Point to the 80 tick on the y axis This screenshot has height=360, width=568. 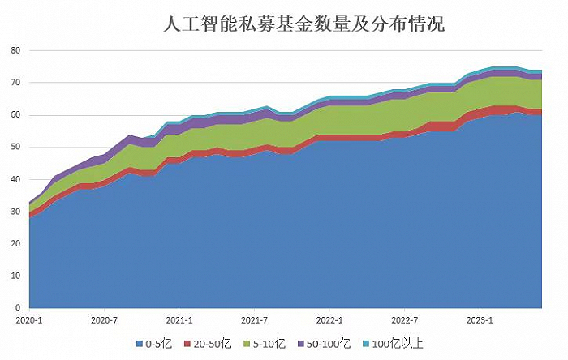(15, 50)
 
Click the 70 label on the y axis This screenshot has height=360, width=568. (15, 83)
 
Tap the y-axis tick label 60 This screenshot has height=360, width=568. (15, 115)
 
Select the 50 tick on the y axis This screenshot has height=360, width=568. (15, 148)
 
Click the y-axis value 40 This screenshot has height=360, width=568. (15, 179)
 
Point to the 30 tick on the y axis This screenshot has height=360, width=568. (15, 212)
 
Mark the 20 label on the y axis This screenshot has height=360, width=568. (15, 244)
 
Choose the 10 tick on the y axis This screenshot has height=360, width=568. (15, 276)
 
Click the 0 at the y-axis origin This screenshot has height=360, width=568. (17, 308)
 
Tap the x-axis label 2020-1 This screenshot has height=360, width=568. (29, 319)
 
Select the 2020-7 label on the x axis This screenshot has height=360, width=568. (105, 319)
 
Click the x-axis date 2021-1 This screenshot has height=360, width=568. (179, 319)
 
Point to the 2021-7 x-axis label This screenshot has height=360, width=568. (255, 319)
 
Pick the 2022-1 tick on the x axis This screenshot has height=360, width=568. (329, 319)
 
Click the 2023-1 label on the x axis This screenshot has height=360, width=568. (480, 319)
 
